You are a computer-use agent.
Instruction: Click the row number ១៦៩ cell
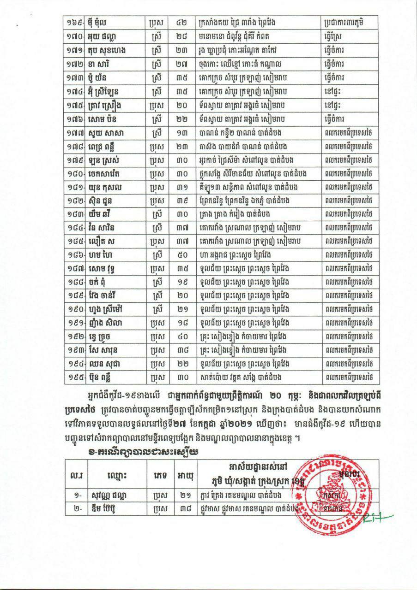(75, 22)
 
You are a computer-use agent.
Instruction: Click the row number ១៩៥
(75, 377)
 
